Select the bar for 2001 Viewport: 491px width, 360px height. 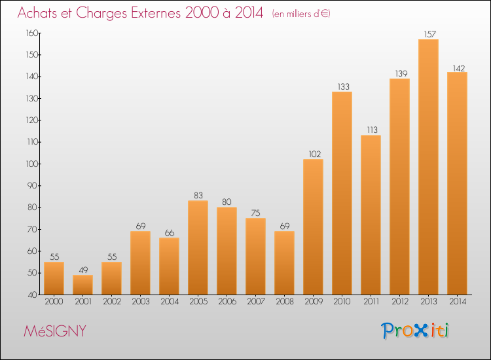[82, 285]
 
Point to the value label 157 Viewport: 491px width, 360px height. [428, 33]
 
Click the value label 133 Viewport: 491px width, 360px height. [342, 86]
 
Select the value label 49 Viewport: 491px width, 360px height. [82, 269]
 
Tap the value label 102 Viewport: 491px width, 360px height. [313, 153]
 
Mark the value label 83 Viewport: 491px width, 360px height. [198, 195]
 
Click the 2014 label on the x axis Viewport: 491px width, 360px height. [457, 302]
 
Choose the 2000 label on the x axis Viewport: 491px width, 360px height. [54, 302]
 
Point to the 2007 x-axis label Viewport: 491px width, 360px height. [255, 302]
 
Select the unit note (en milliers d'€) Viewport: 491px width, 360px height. [301, 14]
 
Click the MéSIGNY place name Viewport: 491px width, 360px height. [54, 331]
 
